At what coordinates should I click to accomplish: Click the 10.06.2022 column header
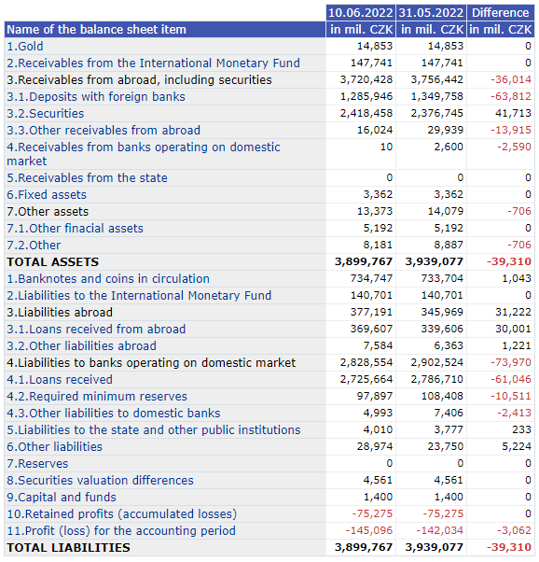click(x=360, y=13)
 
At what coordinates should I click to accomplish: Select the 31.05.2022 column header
click(x=431, y=13)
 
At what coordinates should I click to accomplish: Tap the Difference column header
click(x=501, y=13)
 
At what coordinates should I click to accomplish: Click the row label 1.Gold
click(x=25, y=47)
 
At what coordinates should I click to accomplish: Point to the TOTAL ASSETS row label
click(x=52, y=262)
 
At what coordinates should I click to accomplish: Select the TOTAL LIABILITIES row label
click(x=69, y=548)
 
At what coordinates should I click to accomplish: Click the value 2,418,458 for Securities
click(x=366, y=113)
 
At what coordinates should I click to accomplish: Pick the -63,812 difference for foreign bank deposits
click(x=511, y=96)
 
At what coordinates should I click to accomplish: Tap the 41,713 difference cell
click(x=513, y=113)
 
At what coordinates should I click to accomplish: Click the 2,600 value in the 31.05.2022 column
click(x=449, y=147)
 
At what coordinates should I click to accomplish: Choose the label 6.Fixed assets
click(x=47, y=194)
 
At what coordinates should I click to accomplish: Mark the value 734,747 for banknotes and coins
click(x=371, y=278)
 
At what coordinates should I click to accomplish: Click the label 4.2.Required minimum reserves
click(x=97, y=397)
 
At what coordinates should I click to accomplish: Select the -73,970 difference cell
click(x=511, y=362)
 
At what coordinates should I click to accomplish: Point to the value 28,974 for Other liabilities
click(x=375, y=446)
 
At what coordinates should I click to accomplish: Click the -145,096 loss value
click(x=369, y=530)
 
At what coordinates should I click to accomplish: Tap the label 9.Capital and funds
click(x=62, y=498)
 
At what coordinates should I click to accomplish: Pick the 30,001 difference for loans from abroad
click(x=513, y=329)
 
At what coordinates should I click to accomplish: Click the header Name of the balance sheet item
click(x=97, y=29)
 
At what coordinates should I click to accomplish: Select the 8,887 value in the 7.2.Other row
click(x=449, y=245)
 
